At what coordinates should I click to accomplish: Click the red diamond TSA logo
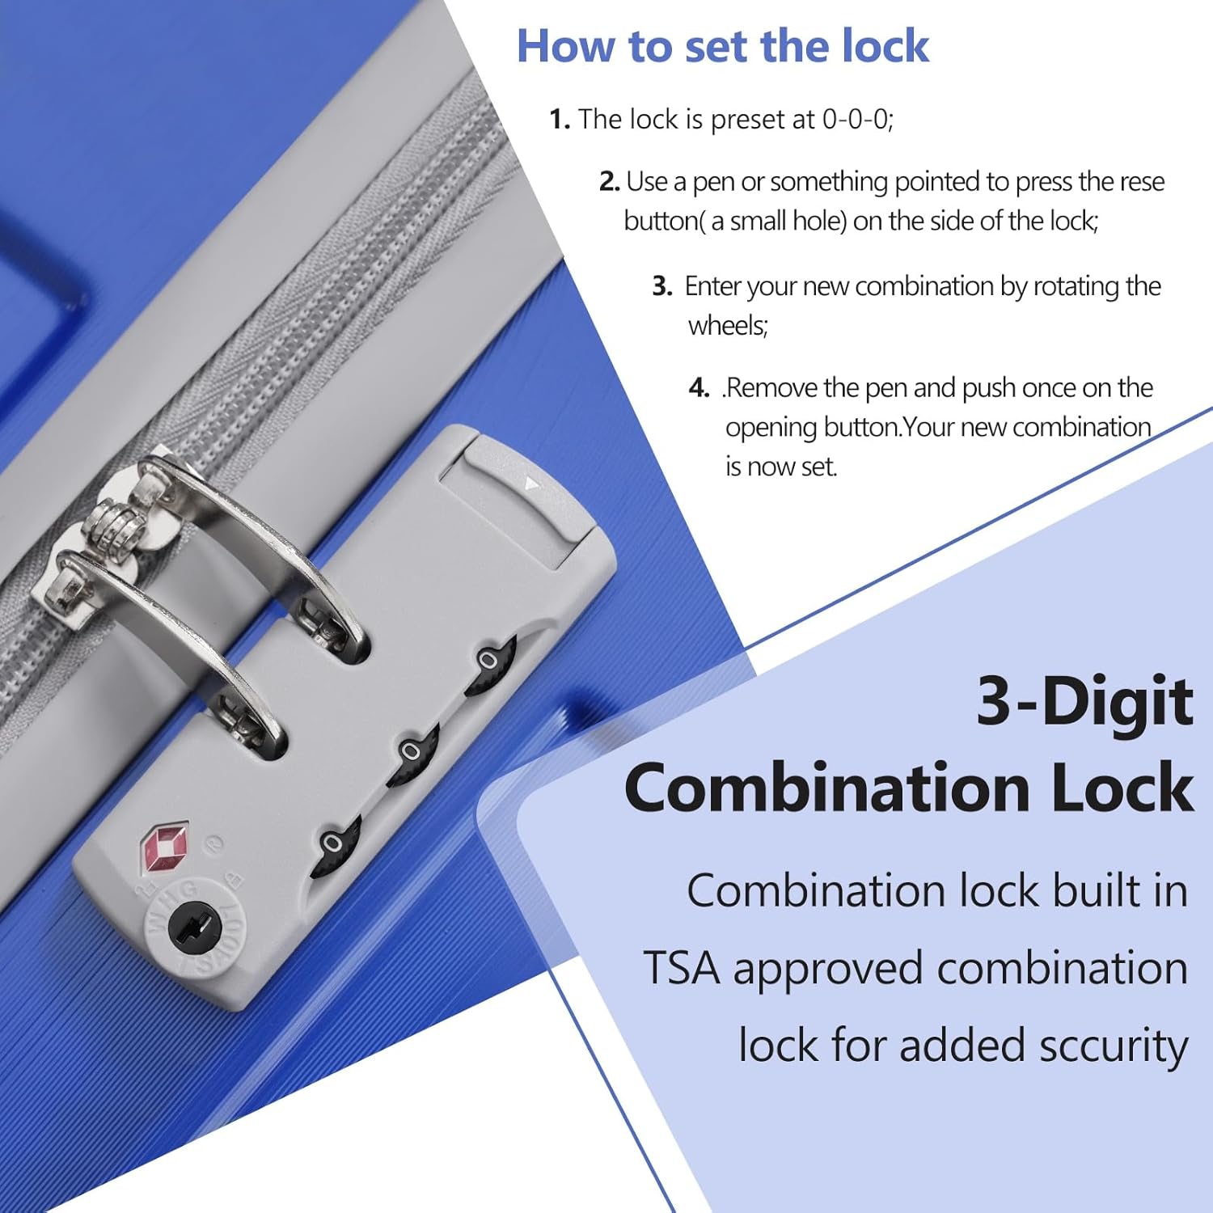(x=164, y=848)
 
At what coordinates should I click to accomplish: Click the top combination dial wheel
(x=490, y=666)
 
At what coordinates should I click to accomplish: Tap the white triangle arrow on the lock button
(x=531, y=484)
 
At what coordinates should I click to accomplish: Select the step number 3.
(x=662, y=286)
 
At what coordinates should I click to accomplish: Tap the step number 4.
(x=699, y=388)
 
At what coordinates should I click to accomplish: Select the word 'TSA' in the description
(x=681, y=969)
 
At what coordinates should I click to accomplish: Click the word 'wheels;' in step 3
(x=728, y=326)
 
